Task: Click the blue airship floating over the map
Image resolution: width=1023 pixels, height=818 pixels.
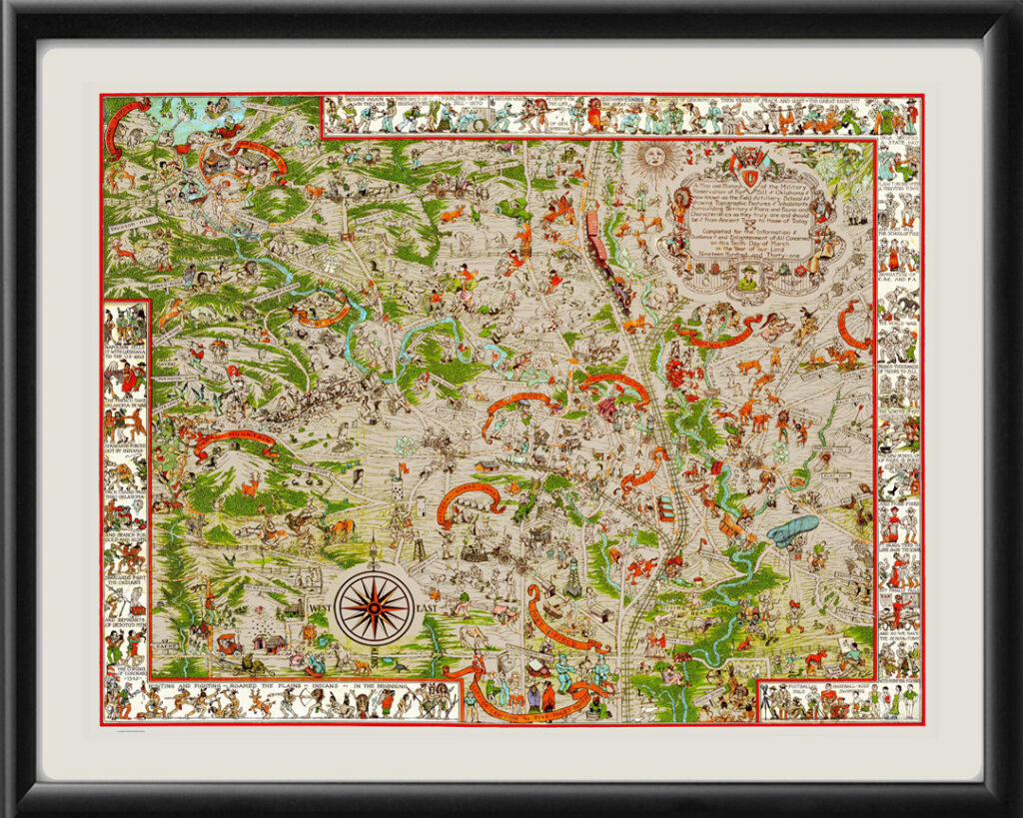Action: click(x=793, y=529)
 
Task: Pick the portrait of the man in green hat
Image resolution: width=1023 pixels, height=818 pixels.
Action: click(x=746, y=282)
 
